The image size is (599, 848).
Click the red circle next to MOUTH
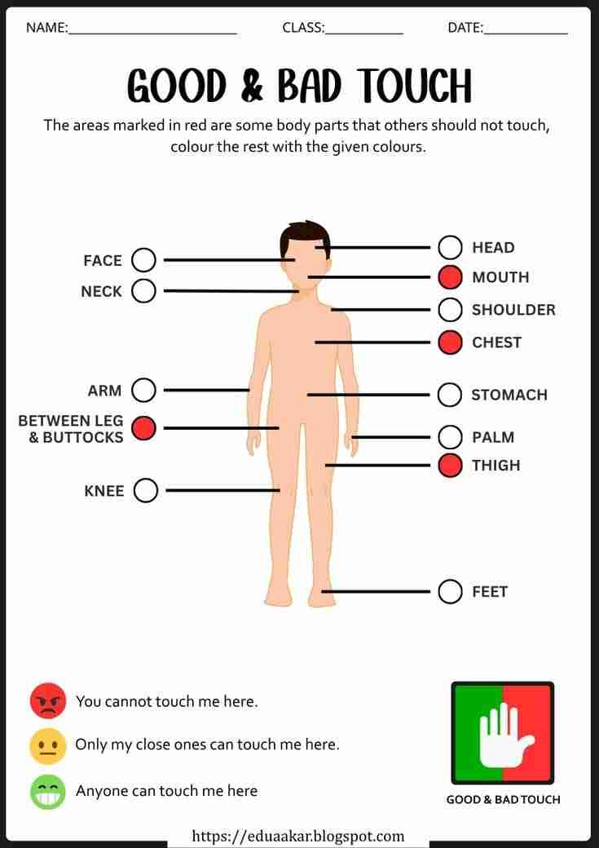click(x=451, y=277)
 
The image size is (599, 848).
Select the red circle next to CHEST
click(x=451, y=342)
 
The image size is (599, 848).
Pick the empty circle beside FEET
click(x=451, y=592)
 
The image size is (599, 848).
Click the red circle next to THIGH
click(x=451, y=466)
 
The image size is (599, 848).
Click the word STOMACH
click(x=509, y=395)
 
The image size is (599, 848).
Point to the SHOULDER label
click(x=513, y=310)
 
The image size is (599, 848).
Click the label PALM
click(x=493, y=437)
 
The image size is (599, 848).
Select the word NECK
click(x=102, y=292)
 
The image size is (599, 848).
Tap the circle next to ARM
click(x=143, y=391)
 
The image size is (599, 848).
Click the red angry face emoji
click(x=48, y=701)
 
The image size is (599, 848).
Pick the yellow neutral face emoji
click(x=47, y=746)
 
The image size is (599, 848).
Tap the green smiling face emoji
click(x=47, y=792)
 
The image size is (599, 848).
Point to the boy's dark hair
click(x=305, y=236)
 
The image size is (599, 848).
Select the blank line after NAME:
click(x=152, y=33)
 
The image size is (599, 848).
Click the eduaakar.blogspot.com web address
click(x=298, y=837)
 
